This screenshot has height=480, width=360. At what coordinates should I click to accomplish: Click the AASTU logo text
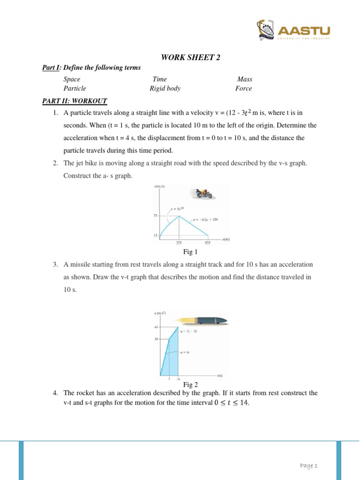305,30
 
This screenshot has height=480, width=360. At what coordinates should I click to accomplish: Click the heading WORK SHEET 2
190,58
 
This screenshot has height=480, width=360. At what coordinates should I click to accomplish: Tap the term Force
244,88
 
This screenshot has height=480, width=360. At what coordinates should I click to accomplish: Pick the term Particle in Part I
75,88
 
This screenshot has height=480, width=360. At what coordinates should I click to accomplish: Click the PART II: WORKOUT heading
75,101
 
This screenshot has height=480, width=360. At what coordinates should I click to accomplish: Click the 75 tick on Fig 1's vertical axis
155,216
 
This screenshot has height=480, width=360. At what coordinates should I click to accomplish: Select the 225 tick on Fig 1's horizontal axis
179,243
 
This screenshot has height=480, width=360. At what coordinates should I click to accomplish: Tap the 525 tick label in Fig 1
208,243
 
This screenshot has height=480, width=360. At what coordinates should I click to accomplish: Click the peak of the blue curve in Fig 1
179,216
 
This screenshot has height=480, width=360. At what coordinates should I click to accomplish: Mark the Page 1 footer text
309,465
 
